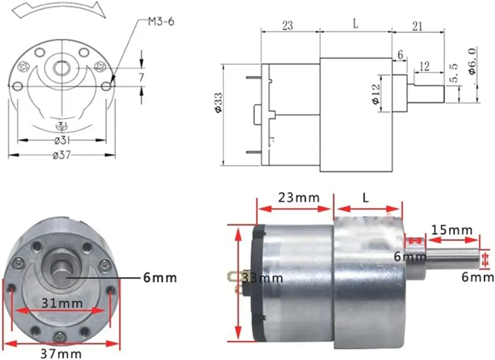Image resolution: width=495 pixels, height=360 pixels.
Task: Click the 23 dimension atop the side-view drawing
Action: click(287, 26)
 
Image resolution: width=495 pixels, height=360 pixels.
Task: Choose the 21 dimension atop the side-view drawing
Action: click(417, 26)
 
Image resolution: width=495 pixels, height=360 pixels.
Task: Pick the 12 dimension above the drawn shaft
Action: click(425, 67)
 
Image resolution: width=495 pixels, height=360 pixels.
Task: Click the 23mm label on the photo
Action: click(298, 198)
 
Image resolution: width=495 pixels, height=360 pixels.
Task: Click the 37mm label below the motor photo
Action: click(61, 355)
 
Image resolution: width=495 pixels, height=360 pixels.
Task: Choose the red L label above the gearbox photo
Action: click(365, 198)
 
